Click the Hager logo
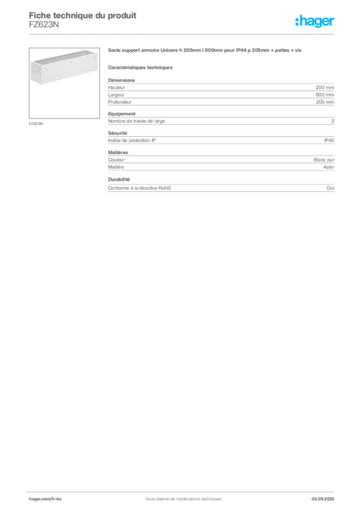(x=314, y=21)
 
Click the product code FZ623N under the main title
(x=44, y=25)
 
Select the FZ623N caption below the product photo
(x=36, y=124)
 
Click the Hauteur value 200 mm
(x=325, y=87)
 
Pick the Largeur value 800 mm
(x=325, y=95)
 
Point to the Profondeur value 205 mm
(x=325, y=102)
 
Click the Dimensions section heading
(x=121, y=80)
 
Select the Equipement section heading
(x=122, y=114)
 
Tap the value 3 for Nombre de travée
(x=333, y=121)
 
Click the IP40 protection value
(x=329, y=140)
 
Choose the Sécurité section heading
(x=117, y=133)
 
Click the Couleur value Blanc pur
(x=324, y=160)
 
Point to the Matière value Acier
(x=329, y=167)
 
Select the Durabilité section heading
(x=119, y=179)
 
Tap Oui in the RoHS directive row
(x=330, y=188)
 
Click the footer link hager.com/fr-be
(x=45, y=499)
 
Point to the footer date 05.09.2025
(x=323, y=499)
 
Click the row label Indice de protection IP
(x=132, y=140)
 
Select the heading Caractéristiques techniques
(x=140, y=68)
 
